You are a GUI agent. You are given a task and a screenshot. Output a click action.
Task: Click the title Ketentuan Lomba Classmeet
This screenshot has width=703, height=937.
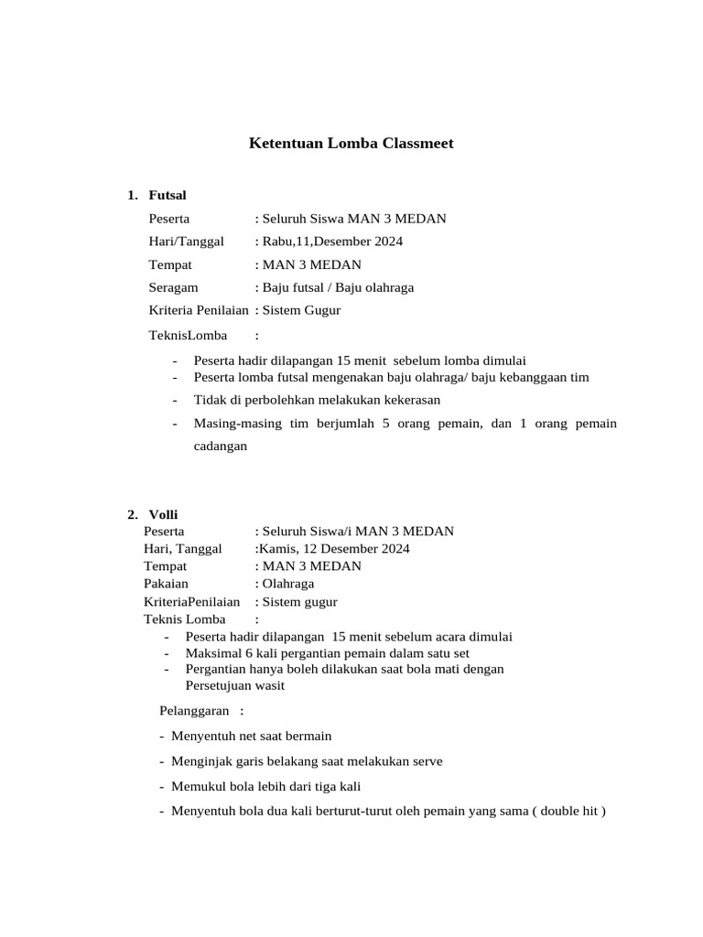(x=351, y=144)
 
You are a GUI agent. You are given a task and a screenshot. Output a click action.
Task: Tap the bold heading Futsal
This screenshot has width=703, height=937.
(x=168, y=195)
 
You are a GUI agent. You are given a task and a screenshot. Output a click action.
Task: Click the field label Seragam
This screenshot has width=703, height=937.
(x=174, y=287)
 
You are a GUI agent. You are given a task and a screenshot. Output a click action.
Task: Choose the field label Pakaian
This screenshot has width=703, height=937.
(x=166, y=584)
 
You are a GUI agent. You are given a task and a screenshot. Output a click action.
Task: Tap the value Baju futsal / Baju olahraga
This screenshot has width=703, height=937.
(x=338, y=287)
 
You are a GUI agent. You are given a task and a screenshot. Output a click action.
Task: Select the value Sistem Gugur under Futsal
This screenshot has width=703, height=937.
(x=301, y=310)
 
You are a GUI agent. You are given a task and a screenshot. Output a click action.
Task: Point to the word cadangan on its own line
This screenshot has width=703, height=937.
(x=221, y=447)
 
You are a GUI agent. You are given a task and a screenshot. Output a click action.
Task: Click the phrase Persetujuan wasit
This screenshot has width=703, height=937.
(x=235, y=685)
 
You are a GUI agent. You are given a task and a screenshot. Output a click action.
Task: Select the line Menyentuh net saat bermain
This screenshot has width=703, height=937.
(x=251, y=736)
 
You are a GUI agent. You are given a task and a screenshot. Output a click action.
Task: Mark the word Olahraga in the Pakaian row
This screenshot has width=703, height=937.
(x=287, y=584)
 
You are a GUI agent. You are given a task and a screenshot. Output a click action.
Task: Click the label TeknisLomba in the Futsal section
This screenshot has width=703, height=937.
(x=188, y=335)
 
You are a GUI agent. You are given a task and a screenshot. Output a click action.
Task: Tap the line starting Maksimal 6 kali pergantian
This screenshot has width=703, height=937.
(x=327, y=653)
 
